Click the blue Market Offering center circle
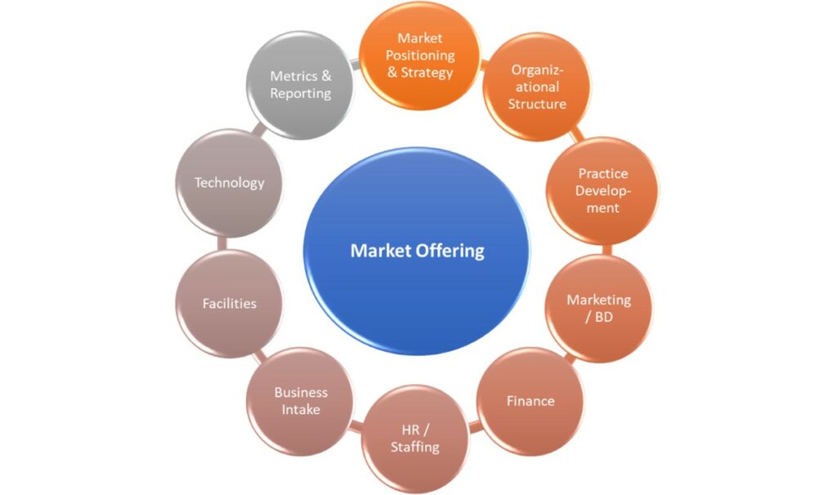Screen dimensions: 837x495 [x=417, y=251]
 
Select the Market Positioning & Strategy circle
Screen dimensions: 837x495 [x=420, y=56]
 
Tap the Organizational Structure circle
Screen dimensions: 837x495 [x=537, y=87]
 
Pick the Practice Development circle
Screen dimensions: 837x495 [x=602, y=190]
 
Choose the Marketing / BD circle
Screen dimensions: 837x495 [x=599, y=308]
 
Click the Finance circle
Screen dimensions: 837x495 [x=530, y=401]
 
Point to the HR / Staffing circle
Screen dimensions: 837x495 [x=415, y=439]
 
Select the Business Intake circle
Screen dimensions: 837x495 [x=300, y=401]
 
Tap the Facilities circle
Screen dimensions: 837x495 [x=230, y=304]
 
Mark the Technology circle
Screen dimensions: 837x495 [x=230, y=183]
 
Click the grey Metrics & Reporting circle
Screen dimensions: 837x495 [x=300, y=85]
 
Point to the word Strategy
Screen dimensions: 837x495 [x=427, y=73]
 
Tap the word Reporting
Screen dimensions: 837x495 [x=301, y=93]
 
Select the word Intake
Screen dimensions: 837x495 [x=301, y=410]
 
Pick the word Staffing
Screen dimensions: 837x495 [x=415, y=447]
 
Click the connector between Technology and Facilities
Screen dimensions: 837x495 [x=222, y=243]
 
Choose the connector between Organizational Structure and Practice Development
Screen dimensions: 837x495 [x=575, y=135]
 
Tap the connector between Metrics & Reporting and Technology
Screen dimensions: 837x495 [x=260, y=130]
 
